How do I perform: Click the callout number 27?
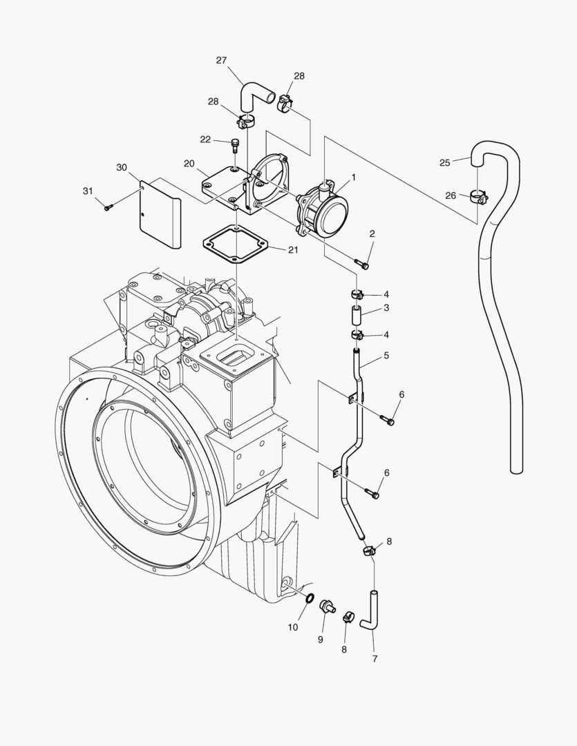coord(221,61)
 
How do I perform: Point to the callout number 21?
coord(293,250)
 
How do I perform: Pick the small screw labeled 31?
coord(108,206)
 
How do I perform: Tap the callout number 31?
coord(87,191)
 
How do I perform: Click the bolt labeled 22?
coord(235,146)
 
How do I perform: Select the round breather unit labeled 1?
coord(323,210)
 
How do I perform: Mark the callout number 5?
coord(386,355)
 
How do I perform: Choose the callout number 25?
coord(445,163)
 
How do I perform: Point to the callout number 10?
coord(293,627)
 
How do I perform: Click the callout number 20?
coord(189,164)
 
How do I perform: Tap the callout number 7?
coord(375,659)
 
